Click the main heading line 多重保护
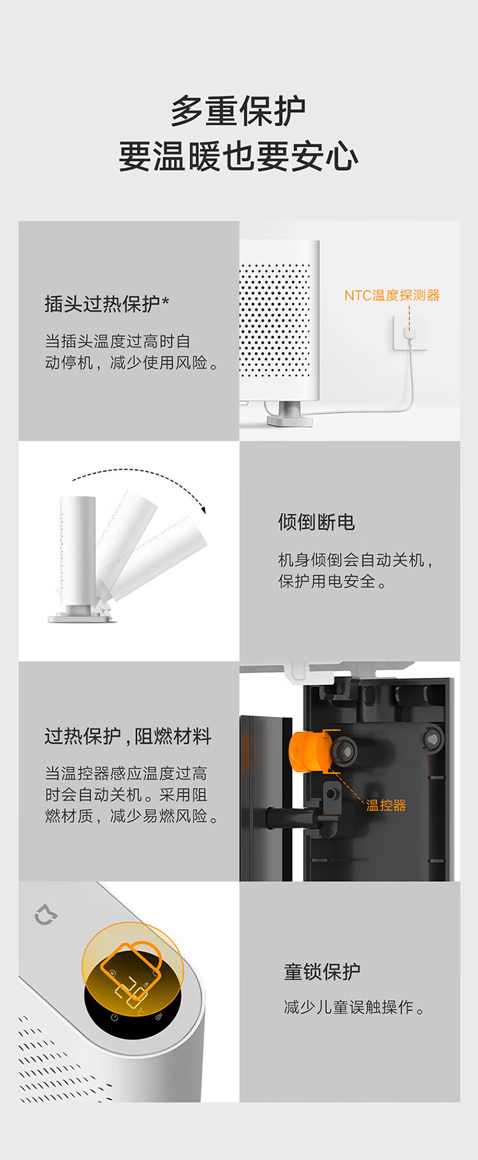(238, 112)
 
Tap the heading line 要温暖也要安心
(238, 156)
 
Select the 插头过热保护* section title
(107, 304)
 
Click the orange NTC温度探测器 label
(392, 295)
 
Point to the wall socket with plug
(409, 334)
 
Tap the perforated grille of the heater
(274, 319)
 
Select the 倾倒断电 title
(316, 522)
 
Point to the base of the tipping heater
(80, 615)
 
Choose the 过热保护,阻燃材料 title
(127, 737)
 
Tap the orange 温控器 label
(386, 805)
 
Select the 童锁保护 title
(322, 972)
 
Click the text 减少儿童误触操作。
(354, 1007)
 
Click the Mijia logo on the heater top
(46, 915)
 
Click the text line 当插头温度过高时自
(117, 341)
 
